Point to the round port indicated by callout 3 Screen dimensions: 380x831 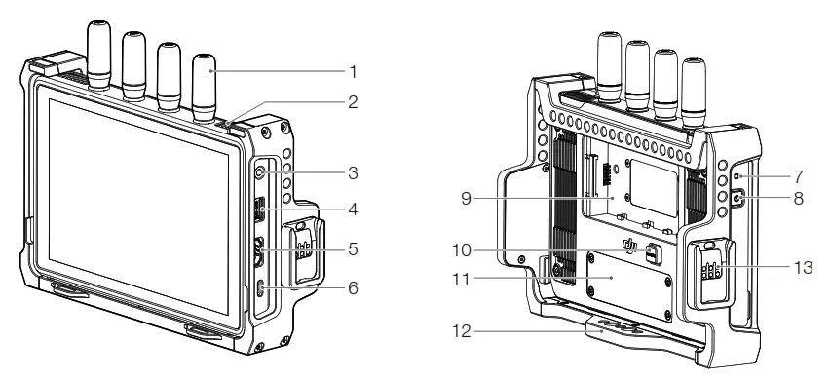point(262,173)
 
